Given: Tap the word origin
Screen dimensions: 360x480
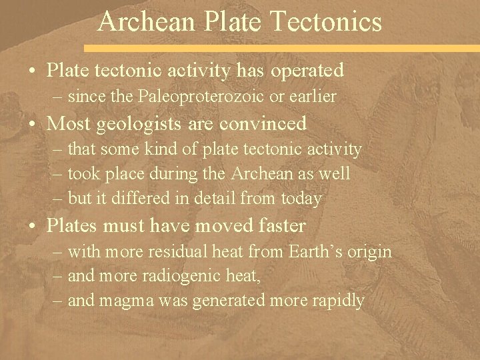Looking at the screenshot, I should point(369,253).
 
